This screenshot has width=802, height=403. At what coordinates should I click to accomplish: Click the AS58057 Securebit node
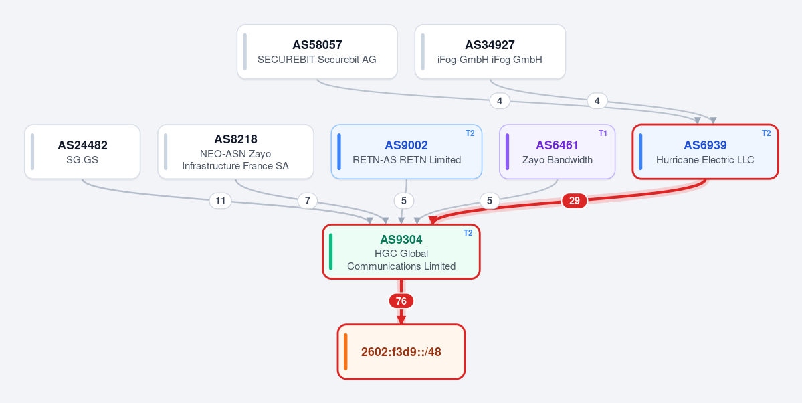(x=317, y=52)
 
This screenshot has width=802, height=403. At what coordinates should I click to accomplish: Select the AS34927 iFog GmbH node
(x=490, y=52)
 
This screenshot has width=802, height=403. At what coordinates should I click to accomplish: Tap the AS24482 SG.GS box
(x=82, y=151)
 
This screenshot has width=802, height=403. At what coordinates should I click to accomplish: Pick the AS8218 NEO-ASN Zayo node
(x=235, y=151)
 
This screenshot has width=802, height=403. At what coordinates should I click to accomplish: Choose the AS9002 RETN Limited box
(x=407, y=151)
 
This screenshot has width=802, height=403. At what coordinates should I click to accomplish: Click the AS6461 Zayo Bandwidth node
(x=557, y=151)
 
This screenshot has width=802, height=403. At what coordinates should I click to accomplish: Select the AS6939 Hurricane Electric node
(x=705, y=151)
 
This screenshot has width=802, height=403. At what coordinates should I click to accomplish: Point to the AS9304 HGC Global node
(x=401, y=252)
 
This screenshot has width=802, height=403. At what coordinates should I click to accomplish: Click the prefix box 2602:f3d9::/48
(x=401, y=352)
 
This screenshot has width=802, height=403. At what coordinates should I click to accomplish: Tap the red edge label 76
(x=401, y=301)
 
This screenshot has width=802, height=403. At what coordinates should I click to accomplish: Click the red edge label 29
(x=575, y=201)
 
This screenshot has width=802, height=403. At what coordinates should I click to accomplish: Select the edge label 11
(x=221, y=201)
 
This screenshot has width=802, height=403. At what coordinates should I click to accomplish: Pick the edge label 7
(x=308, y=201)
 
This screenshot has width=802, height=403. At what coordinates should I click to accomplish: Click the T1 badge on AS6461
(x=603, y=133)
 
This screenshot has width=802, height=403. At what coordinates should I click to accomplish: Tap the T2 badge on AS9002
(x=470, y=133)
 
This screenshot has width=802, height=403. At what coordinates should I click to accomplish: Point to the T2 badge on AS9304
(x=468, y=233)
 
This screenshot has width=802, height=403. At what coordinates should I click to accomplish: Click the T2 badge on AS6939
(x=766, y=133)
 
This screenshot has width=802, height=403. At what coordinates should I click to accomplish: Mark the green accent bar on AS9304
(x=331, y=252)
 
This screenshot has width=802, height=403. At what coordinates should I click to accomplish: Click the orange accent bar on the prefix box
(x=346, y=352)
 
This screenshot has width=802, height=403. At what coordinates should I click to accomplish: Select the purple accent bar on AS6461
(x=508, y=151)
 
